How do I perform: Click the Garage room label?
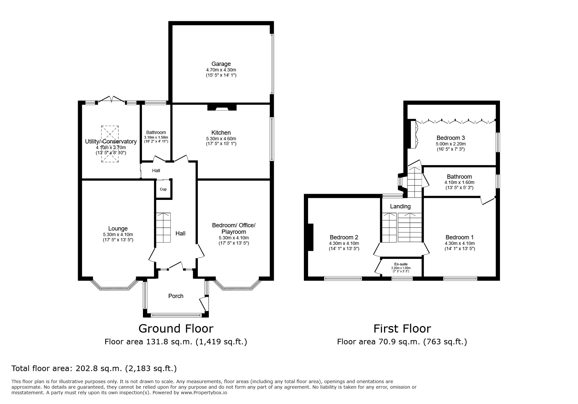coord(221,64)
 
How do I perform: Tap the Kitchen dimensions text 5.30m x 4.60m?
coord(221,139)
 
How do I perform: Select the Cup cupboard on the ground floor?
coord(163,189)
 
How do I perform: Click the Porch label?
coord(176,296)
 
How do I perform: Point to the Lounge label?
coord(118,229)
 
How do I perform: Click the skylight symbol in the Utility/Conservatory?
coord(110,143)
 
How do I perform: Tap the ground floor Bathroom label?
coord(156,132)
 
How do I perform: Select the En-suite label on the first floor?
coord(401,264)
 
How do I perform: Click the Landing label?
coord(400,206)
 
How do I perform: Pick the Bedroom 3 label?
coord(451,138)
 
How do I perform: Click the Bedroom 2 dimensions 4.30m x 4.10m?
coord(344,243)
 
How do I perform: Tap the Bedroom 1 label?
coord(460,237)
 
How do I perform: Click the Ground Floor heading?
coord(176,328)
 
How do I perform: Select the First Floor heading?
coord(402,328)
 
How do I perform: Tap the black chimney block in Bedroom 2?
coord(310,237)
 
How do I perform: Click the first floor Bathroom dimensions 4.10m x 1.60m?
coord(460,183)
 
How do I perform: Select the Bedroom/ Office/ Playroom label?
coord(234,229)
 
